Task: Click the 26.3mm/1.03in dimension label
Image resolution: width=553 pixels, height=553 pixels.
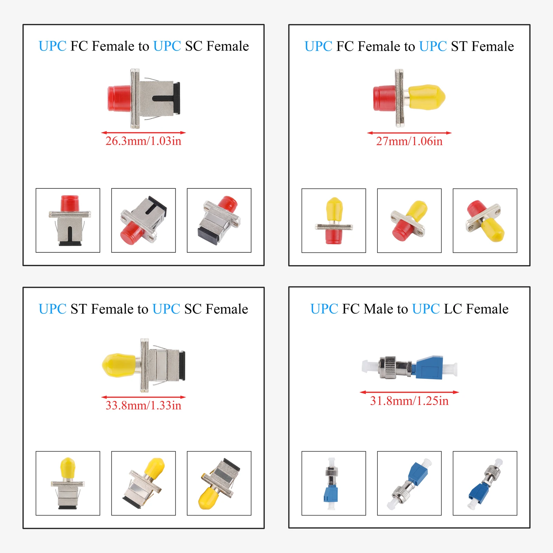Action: point(143,141)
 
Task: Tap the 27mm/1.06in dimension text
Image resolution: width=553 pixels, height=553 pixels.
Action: point(409,141)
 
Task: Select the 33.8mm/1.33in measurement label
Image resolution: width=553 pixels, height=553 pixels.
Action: point(143,405)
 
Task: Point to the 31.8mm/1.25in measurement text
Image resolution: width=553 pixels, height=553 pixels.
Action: point(409,401)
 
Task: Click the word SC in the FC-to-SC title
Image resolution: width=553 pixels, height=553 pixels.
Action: point(194,46)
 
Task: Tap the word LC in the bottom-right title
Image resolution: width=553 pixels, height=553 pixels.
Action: point(453,309)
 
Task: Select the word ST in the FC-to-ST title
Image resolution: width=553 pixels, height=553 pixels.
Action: point(459,46)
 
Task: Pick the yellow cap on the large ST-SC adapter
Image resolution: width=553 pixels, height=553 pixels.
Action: point(119,365)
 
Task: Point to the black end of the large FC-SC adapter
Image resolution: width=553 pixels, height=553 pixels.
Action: point(177,98)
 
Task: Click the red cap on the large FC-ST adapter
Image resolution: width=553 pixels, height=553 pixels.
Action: point(384,98)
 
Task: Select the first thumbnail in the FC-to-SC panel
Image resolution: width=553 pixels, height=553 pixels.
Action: point(68,221)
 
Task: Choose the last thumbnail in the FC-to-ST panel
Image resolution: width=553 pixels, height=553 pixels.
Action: point(485,221)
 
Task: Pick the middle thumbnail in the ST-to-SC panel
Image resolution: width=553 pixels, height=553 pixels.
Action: point(143,483)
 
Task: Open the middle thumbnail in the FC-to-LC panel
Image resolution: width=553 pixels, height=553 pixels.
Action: point(409,483)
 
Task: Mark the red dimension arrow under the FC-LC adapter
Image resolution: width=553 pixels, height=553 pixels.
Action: point(409,392)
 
